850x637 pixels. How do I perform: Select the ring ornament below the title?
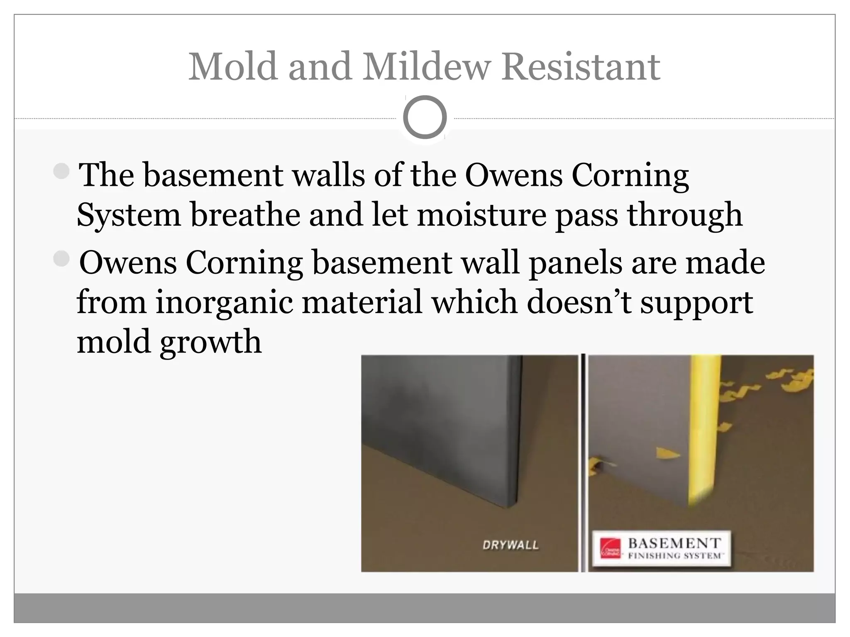tap(425, 117)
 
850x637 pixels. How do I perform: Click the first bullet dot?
tap(62, 170)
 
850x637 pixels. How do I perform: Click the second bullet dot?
tap(62, 259)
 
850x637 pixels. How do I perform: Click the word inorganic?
tap(224, 302)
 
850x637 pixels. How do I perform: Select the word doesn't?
tap(579, 302)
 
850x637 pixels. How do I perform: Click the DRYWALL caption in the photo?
tap(510, 545)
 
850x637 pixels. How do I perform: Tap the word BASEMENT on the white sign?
tap(674, 543)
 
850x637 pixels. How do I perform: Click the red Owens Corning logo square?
tap(611, 548)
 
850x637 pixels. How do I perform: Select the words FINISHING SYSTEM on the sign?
tap(674, 556)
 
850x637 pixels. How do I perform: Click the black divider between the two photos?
tap(583, 462)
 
